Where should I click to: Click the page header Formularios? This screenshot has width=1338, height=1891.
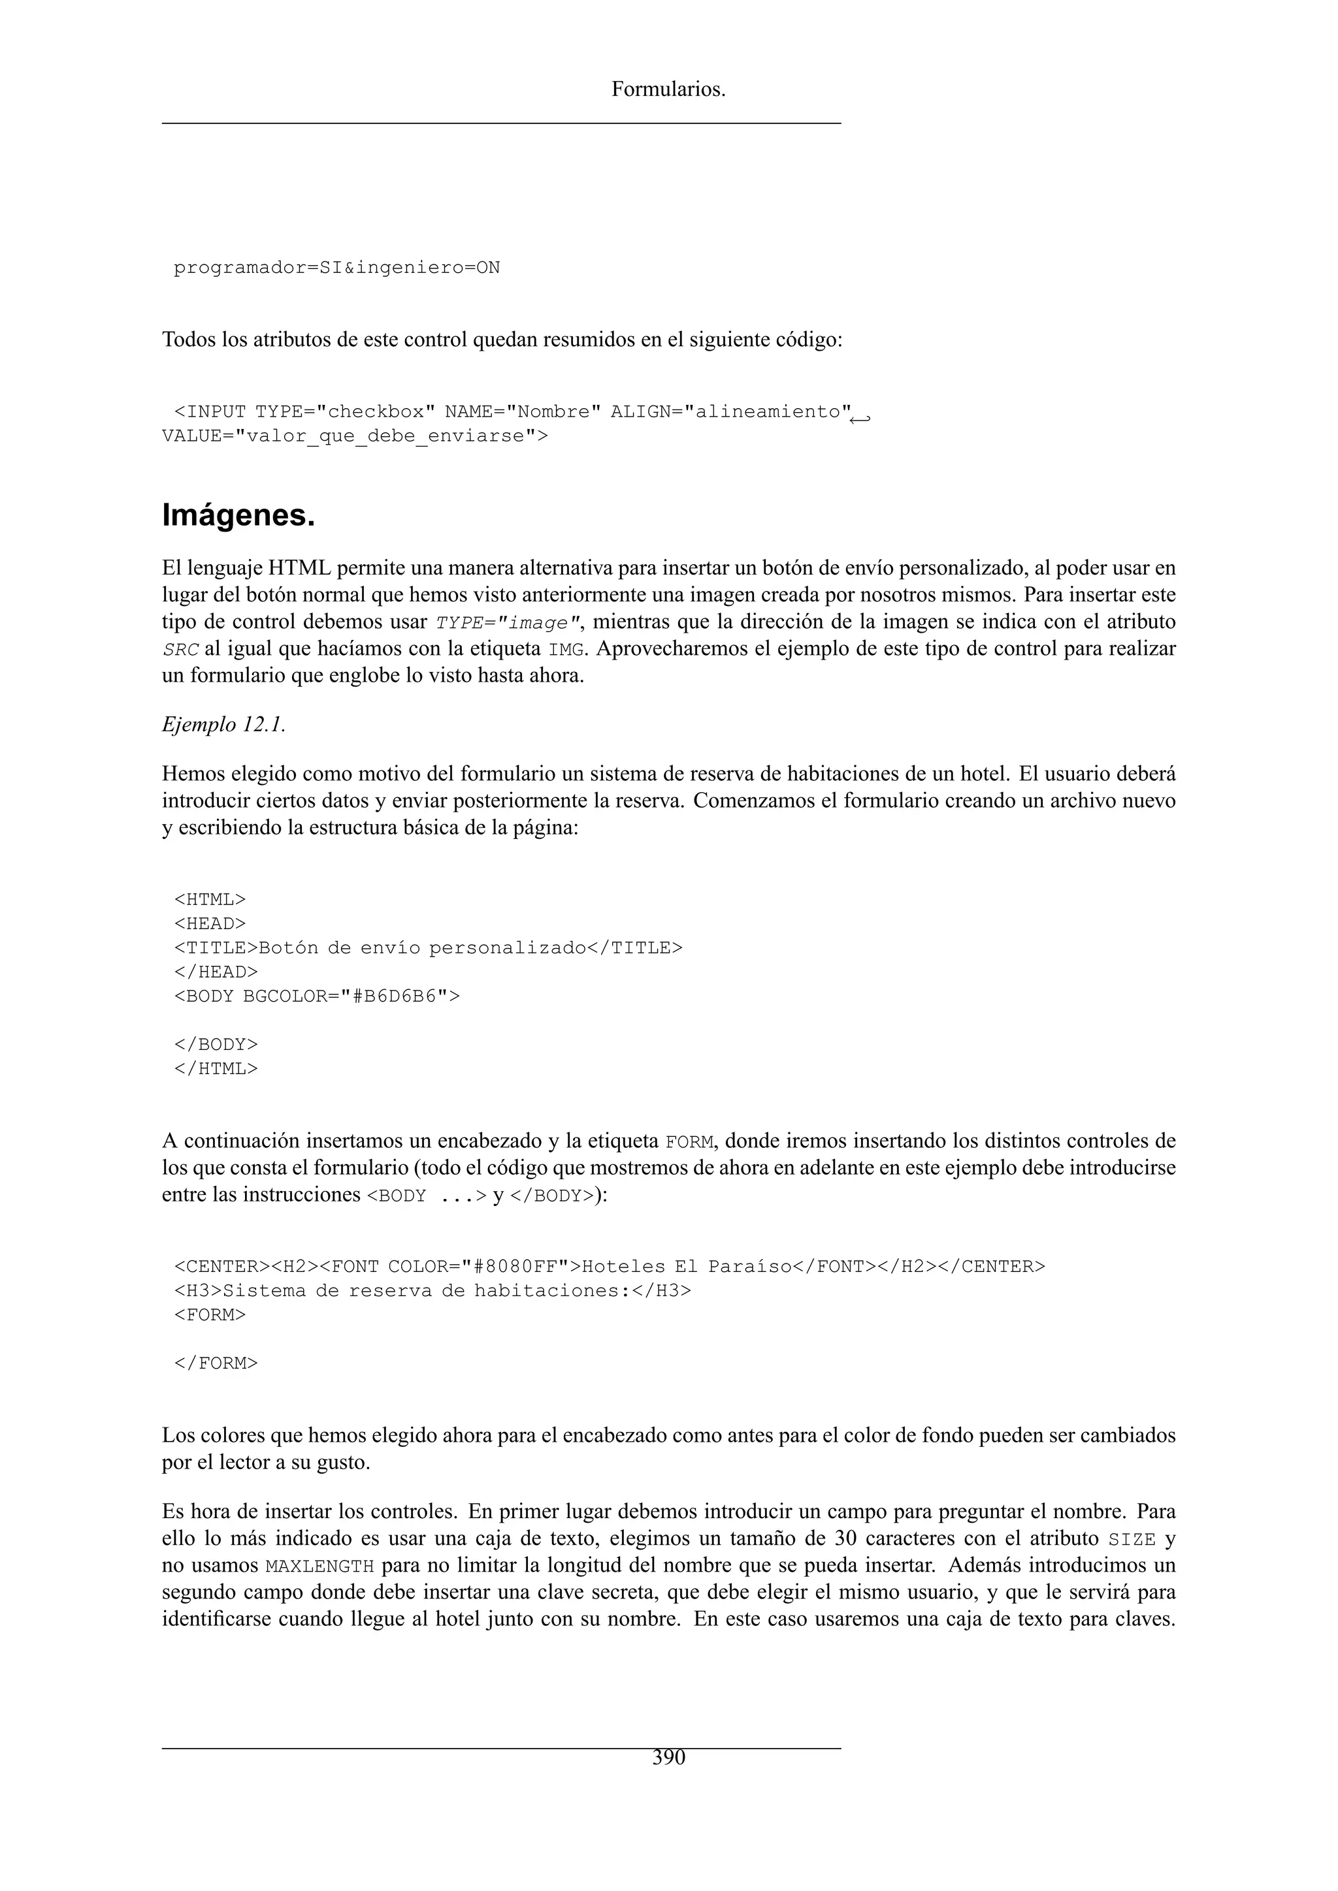[668, 89]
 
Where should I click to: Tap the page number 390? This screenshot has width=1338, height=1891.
[668, 1758]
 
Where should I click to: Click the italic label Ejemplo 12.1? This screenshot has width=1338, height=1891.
[223, 724]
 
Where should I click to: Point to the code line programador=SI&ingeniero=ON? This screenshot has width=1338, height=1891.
[336, 268]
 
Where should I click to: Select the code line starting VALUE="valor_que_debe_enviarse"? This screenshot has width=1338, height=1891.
[354, 436]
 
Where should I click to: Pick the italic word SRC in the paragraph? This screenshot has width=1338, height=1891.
[180, 650]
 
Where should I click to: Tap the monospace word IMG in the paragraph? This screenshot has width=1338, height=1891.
[567, 650]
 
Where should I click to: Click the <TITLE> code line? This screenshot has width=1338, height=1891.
[428, 948]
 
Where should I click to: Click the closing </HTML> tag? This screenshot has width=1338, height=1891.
[216, 1069]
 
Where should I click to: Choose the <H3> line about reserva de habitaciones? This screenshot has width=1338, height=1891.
[432, 1290]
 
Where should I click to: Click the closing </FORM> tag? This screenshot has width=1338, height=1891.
[216, 1363]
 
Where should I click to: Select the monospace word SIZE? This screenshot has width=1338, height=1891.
[1132, 1539]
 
